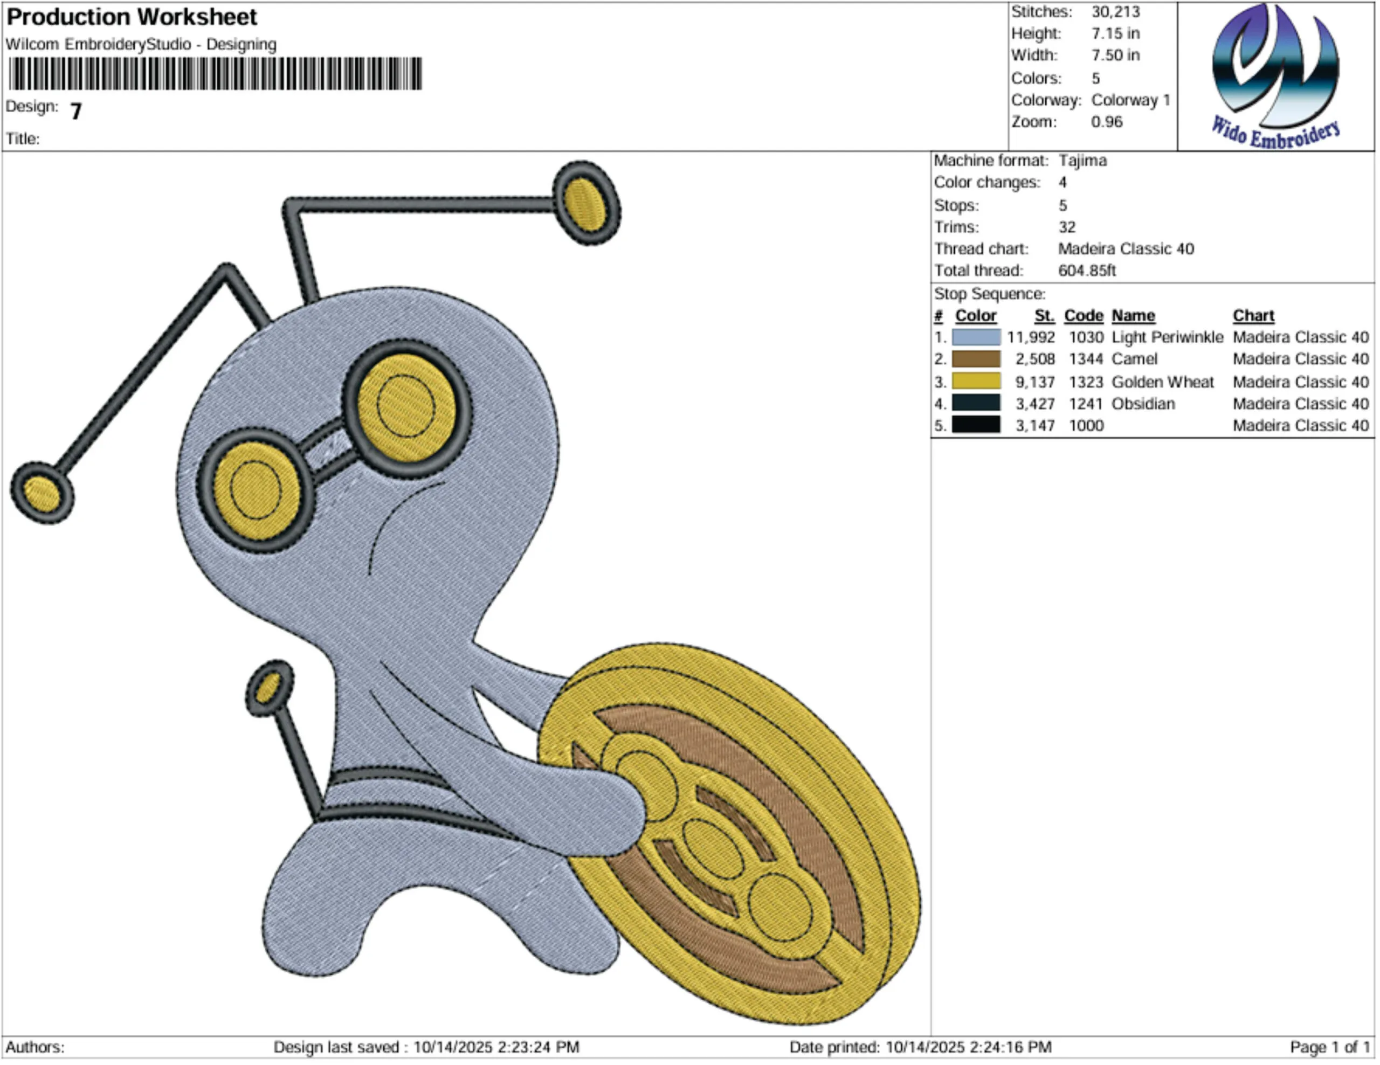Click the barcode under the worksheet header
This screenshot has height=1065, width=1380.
click(216, 74)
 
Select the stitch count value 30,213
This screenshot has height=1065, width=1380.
click(1116, 12)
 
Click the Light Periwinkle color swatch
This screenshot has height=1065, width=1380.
click(976, 337)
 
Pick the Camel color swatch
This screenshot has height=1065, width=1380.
click(976, 359)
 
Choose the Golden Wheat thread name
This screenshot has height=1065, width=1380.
click(1163, 382)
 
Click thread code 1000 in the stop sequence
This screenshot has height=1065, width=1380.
click(1086, 426)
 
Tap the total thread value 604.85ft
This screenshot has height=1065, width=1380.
click(1087, 271)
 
